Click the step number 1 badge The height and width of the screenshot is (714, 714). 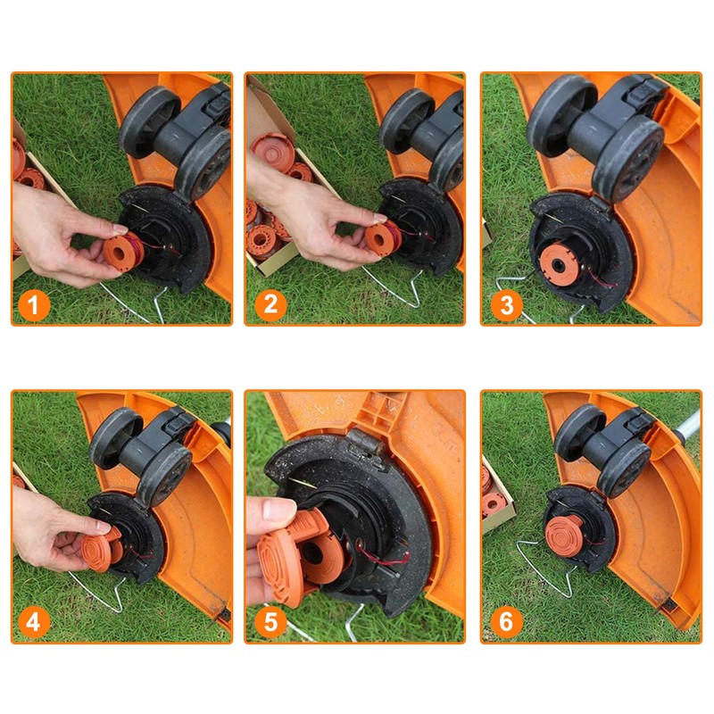tap(33, 306)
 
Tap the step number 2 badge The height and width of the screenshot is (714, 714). tap(269, 306)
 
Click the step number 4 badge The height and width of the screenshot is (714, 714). tap(33, 622)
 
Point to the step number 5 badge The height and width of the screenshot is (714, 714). tap(269, 622)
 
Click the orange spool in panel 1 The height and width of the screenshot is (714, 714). tap(119, 249)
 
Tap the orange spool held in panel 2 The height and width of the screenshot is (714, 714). tap(380, 239)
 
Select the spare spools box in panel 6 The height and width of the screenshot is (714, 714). tap(493, 500)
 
